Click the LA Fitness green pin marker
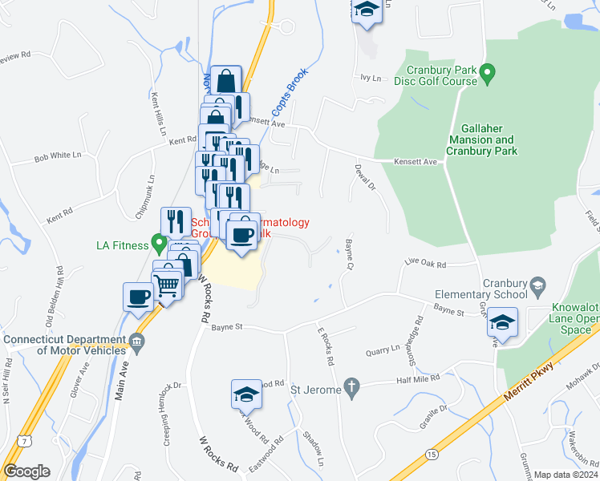tap(159, 244)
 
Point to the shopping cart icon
tap(167, 285)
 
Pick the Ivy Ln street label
tap(370, 77)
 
